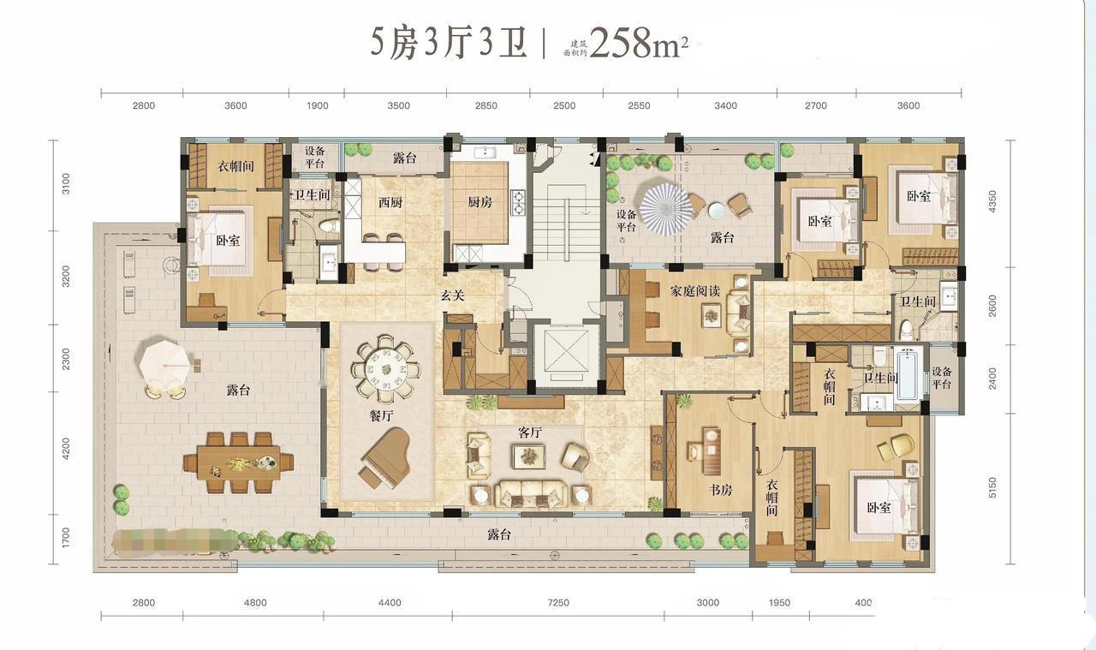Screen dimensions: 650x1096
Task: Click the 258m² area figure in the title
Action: pyautogui.click(x=638, y=43)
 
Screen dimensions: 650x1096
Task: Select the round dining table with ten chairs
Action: pyautogui.click(x=385, y=371)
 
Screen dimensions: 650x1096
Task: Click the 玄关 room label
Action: pyautogui.click(x=452, y=296)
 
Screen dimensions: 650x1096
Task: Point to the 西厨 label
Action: pyautogui.click(x=390, y=203)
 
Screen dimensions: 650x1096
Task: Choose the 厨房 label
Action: pyautogui.click(x=479, y=203)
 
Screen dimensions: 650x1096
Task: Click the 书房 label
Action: pyautogui.click(x=720, y=491)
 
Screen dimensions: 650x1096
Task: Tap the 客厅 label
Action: pyautogui.click(x=530, y=433)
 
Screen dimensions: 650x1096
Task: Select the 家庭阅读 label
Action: pyautogui.click(x=694, y=291)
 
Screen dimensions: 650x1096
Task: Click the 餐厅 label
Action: pyautogui.click(x=380, y=416)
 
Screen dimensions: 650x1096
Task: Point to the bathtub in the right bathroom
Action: pyautogui.click(x=908, y=374)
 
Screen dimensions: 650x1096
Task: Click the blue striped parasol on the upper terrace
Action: pyautogui.click(x=666, y=206)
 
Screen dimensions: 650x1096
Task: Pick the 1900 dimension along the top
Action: pyautogui.click(x=317, y=106)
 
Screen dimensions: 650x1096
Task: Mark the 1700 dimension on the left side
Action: pyautogui.click(x=67, y=538)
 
